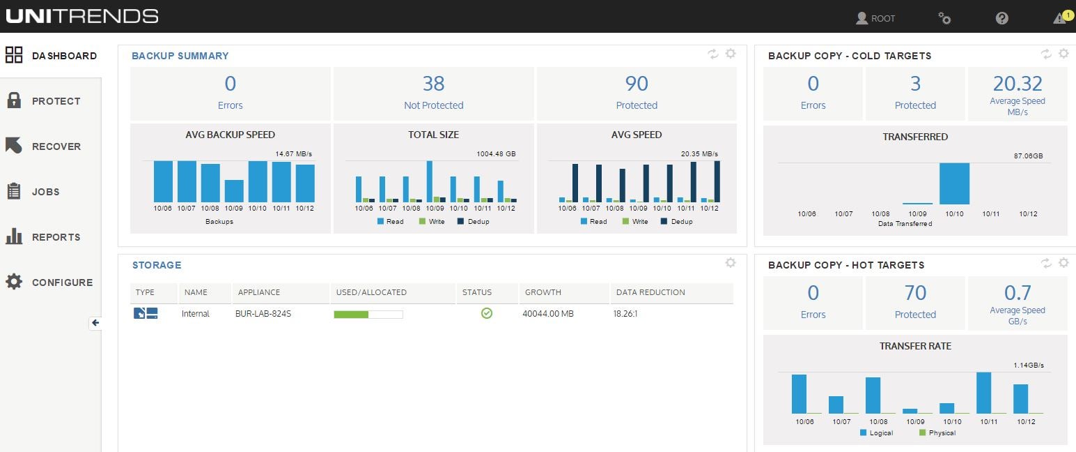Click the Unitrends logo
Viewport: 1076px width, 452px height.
tap(82, 16)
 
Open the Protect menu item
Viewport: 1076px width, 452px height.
tap(56, 101)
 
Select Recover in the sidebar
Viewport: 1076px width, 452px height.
tap(56, 146)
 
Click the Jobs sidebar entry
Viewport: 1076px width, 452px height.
tap(46, 192)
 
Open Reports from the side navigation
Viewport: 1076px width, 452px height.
tap(56, 237)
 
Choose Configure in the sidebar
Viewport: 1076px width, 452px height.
tap(61, 282)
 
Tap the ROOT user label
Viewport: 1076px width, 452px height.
tap(882, 19)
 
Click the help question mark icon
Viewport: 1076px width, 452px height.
tap(1001, 18)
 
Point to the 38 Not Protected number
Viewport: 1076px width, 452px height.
tap(433, 84)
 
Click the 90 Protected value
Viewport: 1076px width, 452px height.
tap(637, 84)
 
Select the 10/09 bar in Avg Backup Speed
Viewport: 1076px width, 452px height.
tap(234, 190)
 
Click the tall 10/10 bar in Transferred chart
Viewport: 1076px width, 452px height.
tap(954, 183)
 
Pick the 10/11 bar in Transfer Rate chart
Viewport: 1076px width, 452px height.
tap(983, 393)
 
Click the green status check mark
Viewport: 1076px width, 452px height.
tap(487, 313)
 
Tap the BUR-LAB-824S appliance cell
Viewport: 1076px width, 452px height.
tap(263, 314)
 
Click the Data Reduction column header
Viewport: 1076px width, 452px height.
tap(649, 292)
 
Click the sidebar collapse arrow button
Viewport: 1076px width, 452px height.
tap(95, 323)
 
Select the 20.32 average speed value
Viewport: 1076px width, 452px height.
tap(1017, 84)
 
